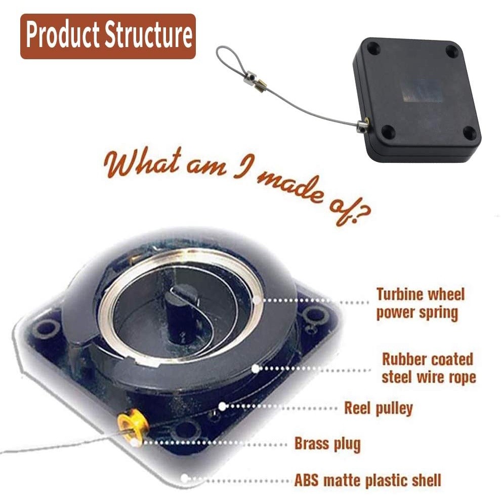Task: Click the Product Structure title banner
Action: [x=108, y=36]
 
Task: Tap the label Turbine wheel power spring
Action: [x=420, y=303]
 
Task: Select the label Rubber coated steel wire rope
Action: [x=428, y=368]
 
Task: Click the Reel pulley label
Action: [x=379, y=408]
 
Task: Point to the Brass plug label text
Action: [x=327, y=444]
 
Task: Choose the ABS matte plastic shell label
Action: [x=368, y=480]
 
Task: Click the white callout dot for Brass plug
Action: [x=135, y=443]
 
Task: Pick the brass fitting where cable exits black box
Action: [x=363, y=124]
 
